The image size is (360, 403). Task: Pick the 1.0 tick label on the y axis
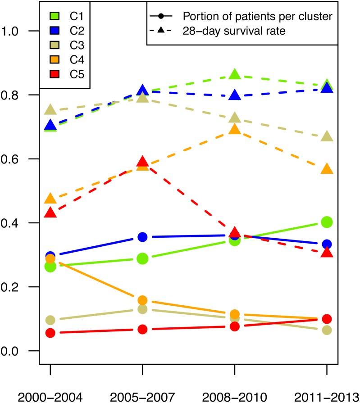coord(12,31)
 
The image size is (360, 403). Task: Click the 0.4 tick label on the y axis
coord(12,223)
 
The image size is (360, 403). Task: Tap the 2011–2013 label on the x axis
coord(326,396)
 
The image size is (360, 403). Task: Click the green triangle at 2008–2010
coord(234,74)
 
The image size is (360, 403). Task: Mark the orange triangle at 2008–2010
coord(234,130)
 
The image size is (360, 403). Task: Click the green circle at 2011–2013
coord(327,222)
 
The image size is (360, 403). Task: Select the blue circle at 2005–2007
coord(142,237)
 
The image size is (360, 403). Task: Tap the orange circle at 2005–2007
coord(142,300)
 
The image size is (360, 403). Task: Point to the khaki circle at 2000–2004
coord(50,320)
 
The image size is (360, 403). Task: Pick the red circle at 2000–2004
coord(50,333)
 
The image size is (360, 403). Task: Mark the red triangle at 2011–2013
coord(327,253)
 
